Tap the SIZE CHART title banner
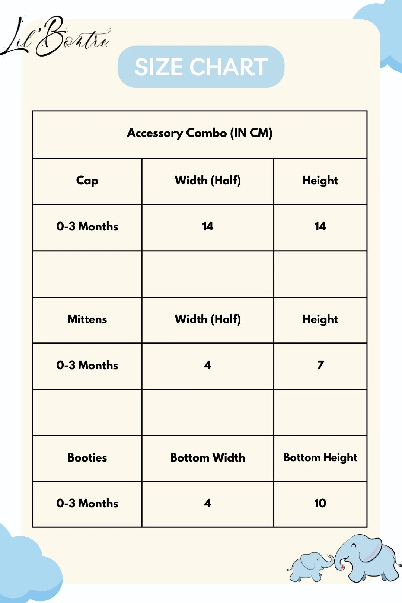click(201, 67)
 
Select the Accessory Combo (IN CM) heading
click(200, 133)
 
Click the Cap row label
click(87, 181)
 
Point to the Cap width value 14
click(208, 226)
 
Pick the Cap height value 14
click(320, 226)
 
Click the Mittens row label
click(87, 319)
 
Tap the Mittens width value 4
click(208, 365)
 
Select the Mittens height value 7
click(320, 365)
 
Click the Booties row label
click(87, 458)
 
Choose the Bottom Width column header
click(208, 458)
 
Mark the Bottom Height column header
click(320, 458)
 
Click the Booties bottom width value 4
click(208, 503)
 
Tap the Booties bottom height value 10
click(320, 503)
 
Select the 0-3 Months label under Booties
click(87, 503)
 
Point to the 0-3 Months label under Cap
click(87, 226)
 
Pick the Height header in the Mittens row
click(320, 319)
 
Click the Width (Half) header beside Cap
click(208, 181)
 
